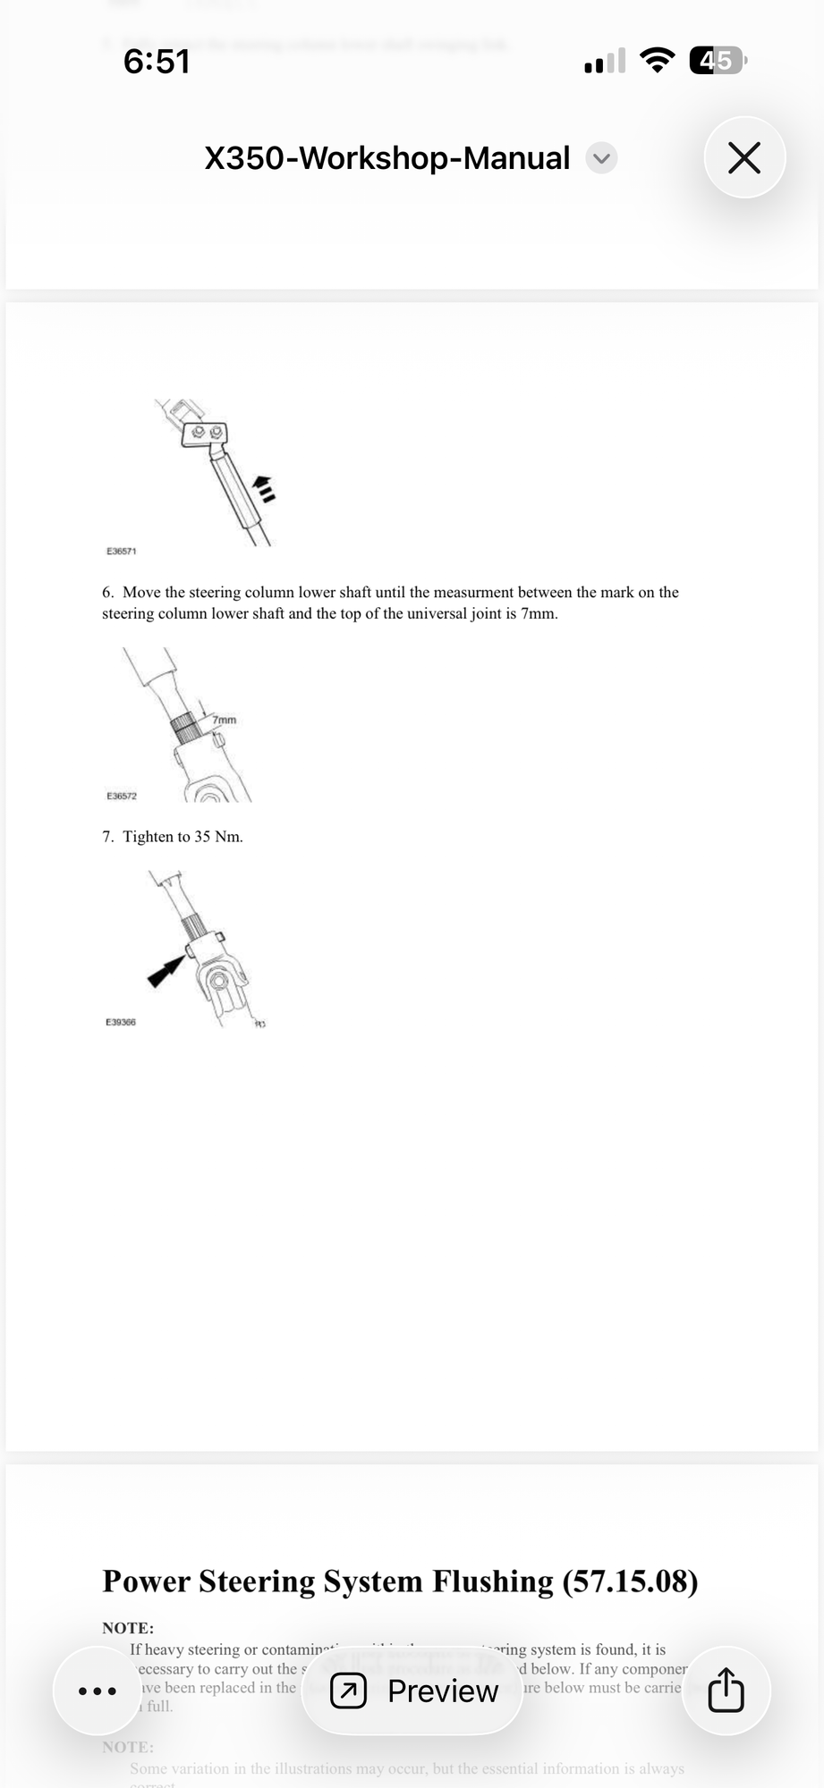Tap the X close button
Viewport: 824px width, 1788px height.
tap(744, 158)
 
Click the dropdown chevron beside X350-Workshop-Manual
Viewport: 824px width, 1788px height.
tap(601, 159)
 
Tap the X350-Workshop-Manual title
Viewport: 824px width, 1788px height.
tap(387, 158)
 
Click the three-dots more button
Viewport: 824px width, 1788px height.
tap(98, 1691)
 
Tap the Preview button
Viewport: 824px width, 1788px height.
tap(412, 1691)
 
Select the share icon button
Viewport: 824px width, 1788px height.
tap(726, 1691)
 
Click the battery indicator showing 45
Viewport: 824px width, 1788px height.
tap(717, 61)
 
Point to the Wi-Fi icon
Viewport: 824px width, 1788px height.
tap(658, 61)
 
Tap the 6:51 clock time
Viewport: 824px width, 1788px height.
tap(157, 61)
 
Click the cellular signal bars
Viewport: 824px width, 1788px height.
tap(605, 62)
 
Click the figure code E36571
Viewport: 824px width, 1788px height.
tap(122, 552)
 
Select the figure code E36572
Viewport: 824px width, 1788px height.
tap(122, 796)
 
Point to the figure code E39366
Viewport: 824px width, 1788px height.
tap(121, 1022)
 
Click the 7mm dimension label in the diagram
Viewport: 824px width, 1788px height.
tap(225, 720)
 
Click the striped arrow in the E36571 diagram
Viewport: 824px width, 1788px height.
tap(263, 487)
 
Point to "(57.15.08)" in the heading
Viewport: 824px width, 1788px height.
tap(630, 1581)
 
